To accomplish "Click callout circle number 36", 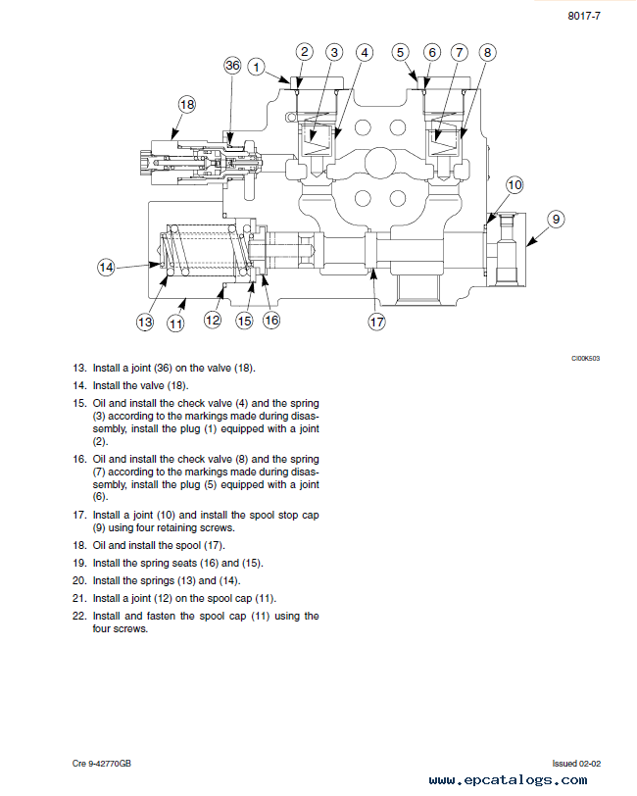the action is (x=232, y=66).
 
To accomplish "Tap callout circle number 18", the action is (x=187, y=105).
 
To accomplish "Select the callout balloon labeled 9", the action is (x=557, y=220).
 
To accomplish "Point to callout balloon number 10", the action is (x=514, y=184).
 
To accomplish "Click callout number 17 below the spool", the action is (x=376, y=322).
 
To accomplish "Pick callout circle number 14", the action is (x=106, y=268).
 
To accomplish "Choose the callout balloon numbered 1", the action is (x=257, y=67).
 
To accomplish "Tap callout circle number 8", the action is (x=487, y=52).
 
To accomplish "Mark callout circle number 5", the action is (x=401, y=52).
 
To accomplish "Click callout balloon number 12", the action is (x=213, y=320).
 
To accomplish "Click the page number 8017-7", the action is (x=584, y=17).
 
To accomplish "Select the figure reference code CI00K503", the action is (x=585, y=359).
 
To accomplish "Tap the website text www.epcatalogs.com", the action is (x=508, y=779).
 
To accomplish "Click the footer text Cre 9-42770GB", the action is (x=102, y=764).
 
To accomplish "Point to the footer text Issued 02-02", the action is (x=576, y=764).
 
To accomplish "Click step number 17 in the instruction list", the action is (x=79, y=515).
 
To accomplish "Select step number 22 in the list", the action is (x=79, y=616).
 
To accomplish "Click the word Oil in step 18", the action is (x=99, y=545).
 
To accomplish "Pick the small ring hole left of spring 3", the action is (x=290, y=117).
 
